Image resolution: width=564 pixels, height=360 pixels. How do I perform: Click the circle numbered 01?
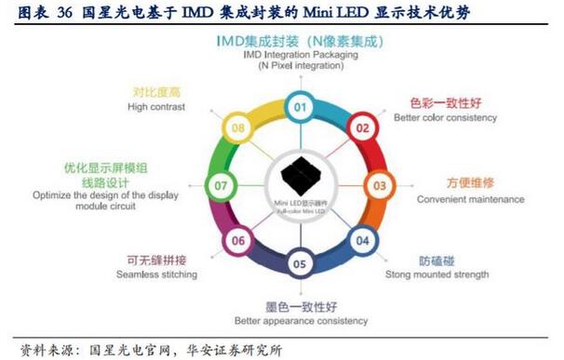pyautogui.click(x=300, y=107)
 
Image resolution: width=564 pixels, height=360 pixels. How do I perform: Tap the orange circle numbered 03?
pyautogui.click(x=380, y=185)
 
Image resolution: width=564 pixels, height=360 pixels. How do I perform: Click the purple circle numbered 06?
pyautogui.click(x=239, y=242)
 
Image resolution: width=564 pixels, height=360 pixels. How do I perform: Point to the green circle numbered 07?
pyautogui.click(x=221, y=185)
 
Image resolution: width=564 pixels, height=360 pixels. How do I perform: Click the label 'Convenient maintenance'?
pyautogui.click(x=469, y=199)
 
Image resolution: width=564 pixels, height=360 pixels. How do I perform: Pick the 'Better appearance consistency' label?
pyautogui.click(x=301, y=322)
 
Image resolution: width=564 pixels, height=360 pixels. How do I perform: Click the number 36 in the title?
pyautogui.click(x=66, y=11)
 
